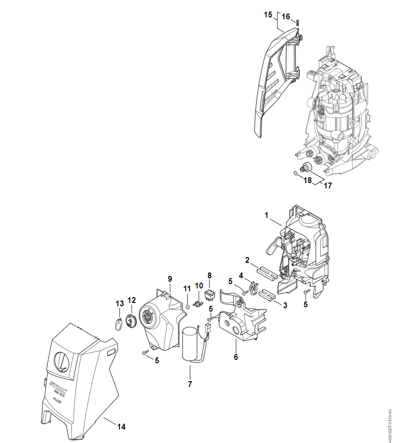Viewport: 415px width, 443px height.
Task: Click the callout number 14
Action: [121, 427]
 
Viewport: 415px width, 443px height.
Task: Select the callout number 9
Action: [170, 279]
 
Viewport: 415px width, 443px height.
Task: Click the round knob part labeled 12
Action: [131, 320]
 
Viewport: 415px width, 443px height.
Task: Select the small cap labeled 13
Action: [118, 323]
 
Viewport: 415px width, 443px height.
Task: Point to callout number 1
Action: [266, 215]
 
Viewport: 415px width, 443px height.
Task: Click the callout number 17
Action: [328, 185]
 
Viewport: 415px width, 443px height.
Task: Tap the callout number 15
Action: [268, 15]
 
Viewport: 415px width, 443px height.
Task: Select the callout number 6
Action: [236, 357]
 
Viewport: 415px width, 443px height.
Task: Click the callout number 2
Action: [247, 260]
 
